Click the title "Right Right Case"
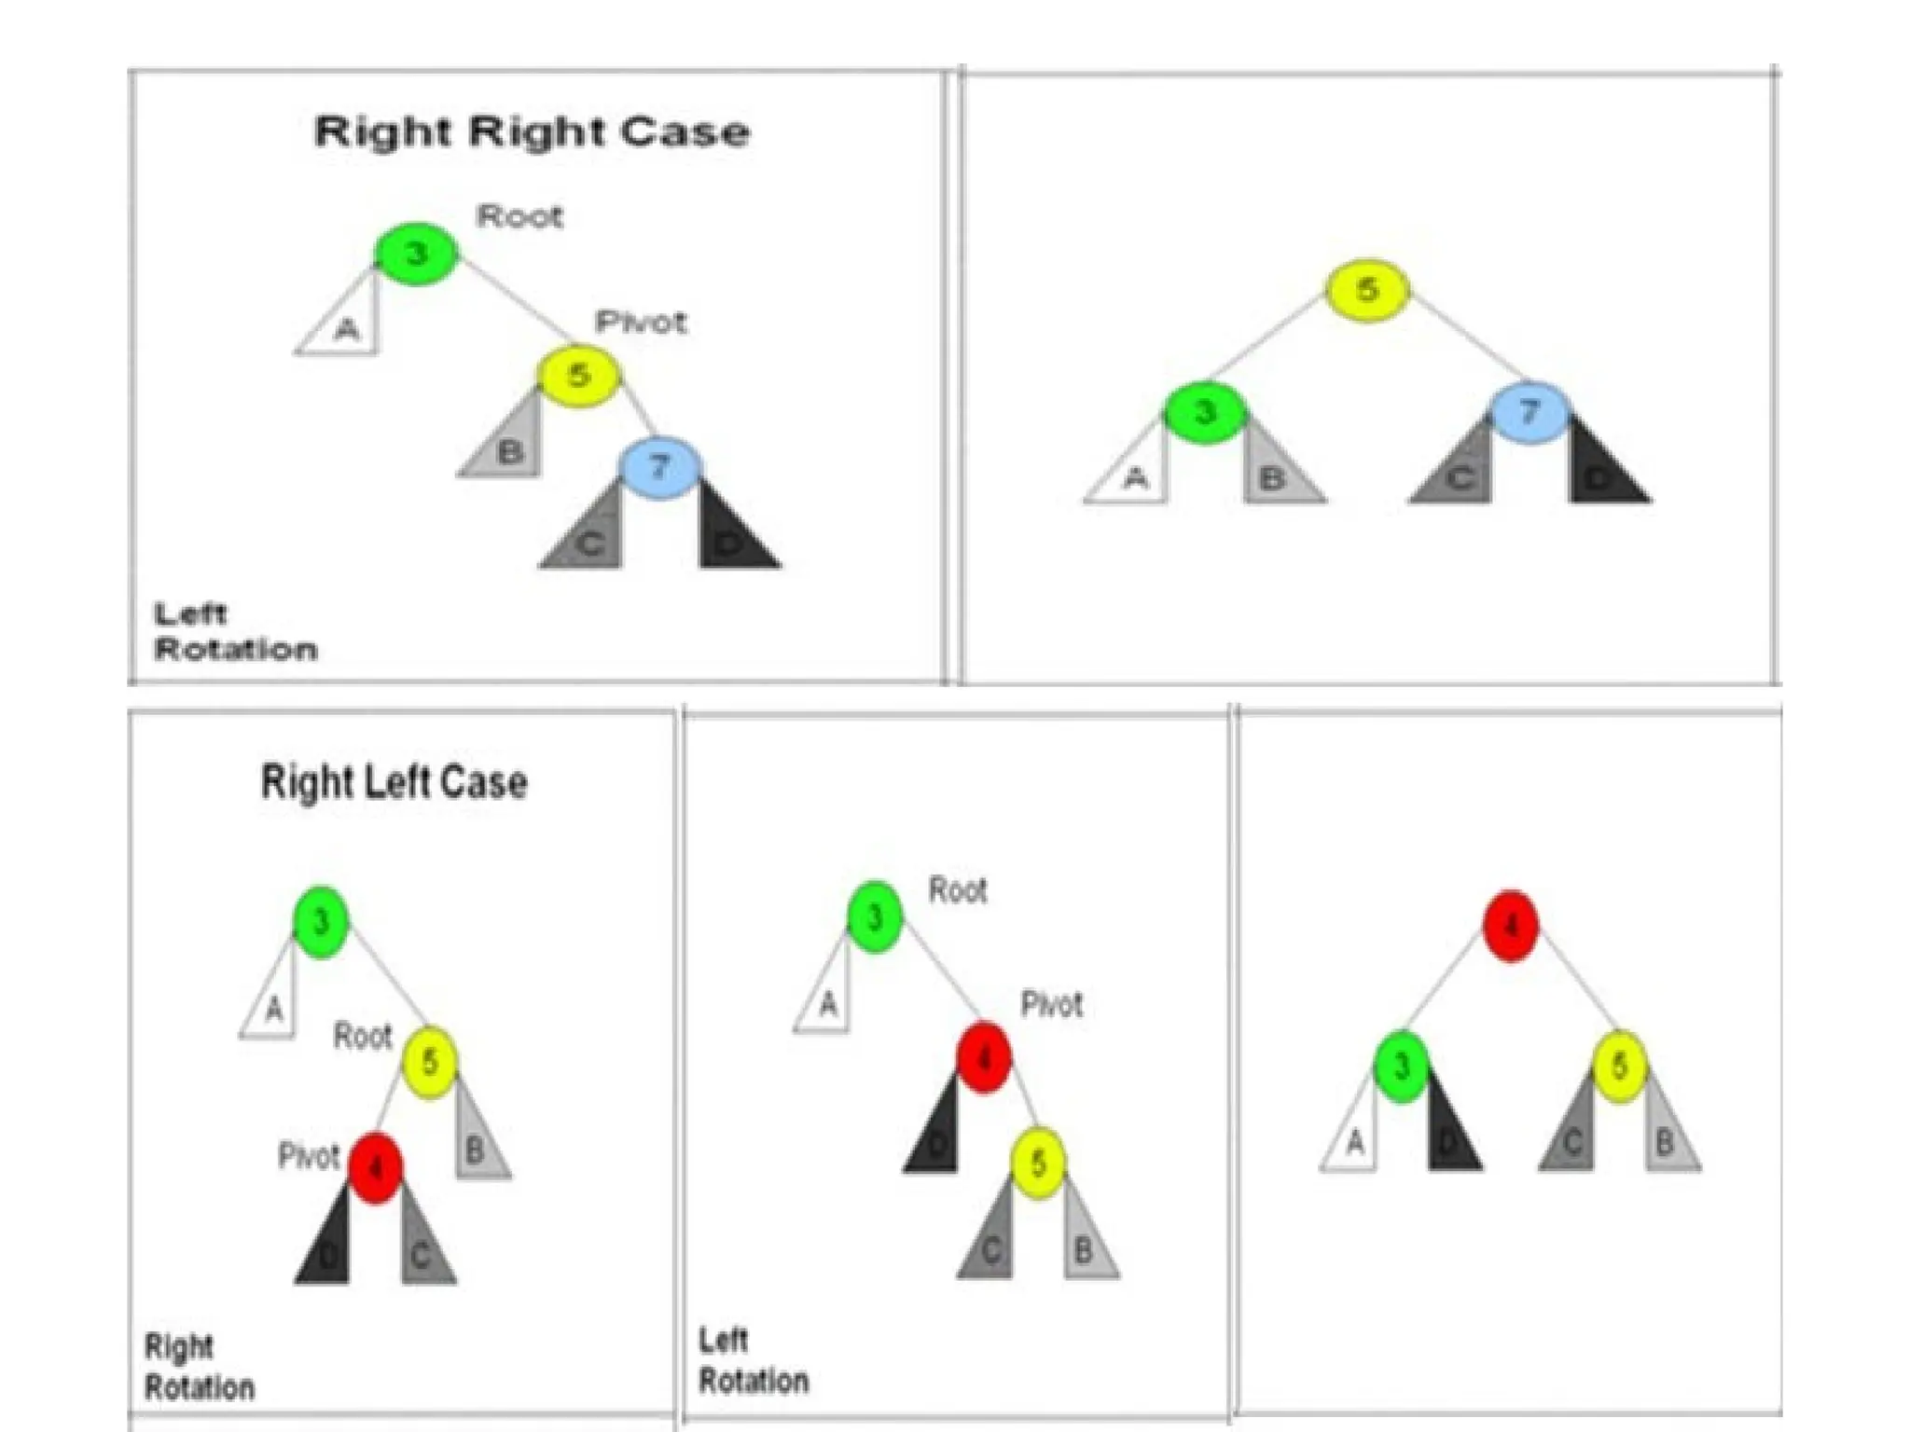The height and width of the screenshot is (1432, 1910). (x=532, y=131)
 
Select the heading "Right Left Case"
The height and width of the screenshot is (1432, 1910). (x=394, y=781)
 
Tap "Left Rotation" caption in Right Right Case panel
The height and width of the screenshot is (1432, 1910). (x=235, y=631)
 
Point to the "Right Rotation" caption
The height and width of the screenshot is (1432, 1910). (x=200, y=1367)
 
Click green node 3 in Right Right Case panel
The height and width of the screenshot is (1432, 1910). (x=416, y=254)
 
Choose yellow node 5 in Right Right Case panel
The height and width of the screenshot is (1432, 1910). (x=578, y=376)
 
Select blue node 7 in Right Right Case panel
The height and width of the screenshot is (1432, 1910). (x=660, y=467)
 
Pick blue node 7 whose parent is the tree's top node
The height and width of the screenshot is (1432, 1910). (x=1529, y=412)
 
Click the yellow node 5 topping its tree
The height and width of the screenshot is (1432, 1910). (x=1367, y=290)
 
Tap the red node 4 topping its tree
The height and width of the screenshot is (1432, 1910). (x=1511, y=926)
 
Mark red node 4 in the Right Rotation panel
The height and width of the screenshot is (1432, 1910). (x=376, y=1167)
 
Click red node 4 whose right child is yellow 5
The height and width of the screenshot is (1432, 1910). (x=984, y=1057)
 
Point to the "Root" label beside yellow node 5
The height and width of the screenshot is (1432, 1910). (x=363, y=1036)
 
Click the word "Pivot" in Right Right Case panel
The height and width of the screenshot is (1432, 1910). (x=641, y=323)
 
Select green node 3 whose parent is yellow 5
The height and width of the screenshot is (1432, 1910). (x=1205, y=412)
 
